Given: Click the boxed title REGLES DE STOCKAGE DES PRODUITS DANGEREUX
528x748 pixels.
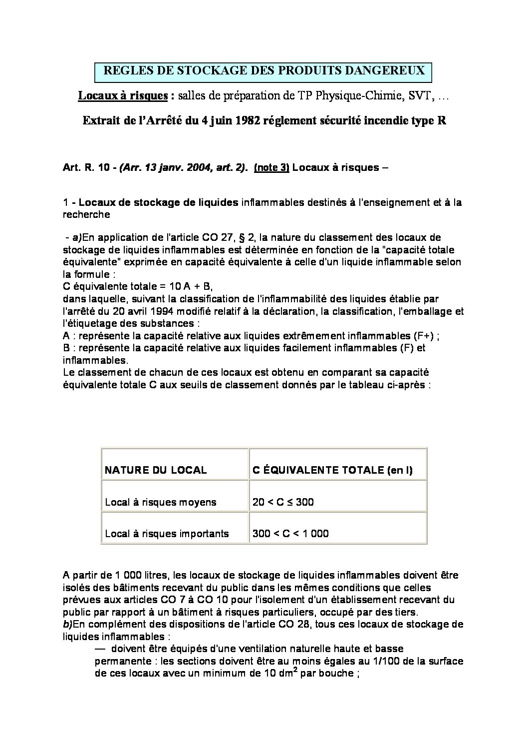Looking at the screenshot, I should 264,71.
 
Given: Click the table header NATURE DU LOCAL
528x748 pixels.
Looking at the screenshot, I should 156,470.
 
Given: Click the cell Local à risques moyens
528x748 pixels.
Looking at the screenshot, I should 161,502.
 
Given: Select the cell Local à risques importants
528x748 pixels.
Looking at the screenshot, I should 167,534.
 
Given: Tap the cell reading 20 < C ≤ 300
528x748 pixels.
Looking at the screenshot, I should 283,502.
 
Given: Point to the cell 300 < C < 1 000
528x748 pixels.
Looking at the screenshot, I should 290,534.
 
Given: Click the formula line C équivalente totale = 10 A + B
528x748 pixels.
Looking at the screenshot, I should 138,286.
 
